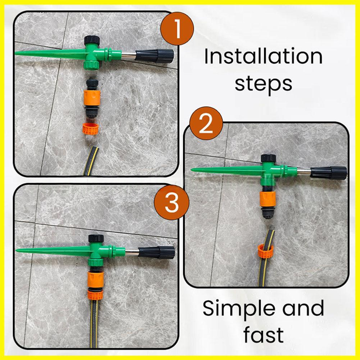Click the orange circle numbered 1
pos(177,28)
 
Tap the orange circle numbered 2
pos(206,123)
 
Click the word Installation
pos(264,57)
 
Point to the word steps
pos(264,84)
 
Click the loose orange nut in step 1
pos(91,129)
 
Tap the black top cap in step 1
pos(91,40)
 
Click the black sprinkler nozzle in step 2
pos(329,173)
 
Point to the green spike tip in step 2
pos(191,170)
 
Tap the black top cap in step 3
pos(96,239)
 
